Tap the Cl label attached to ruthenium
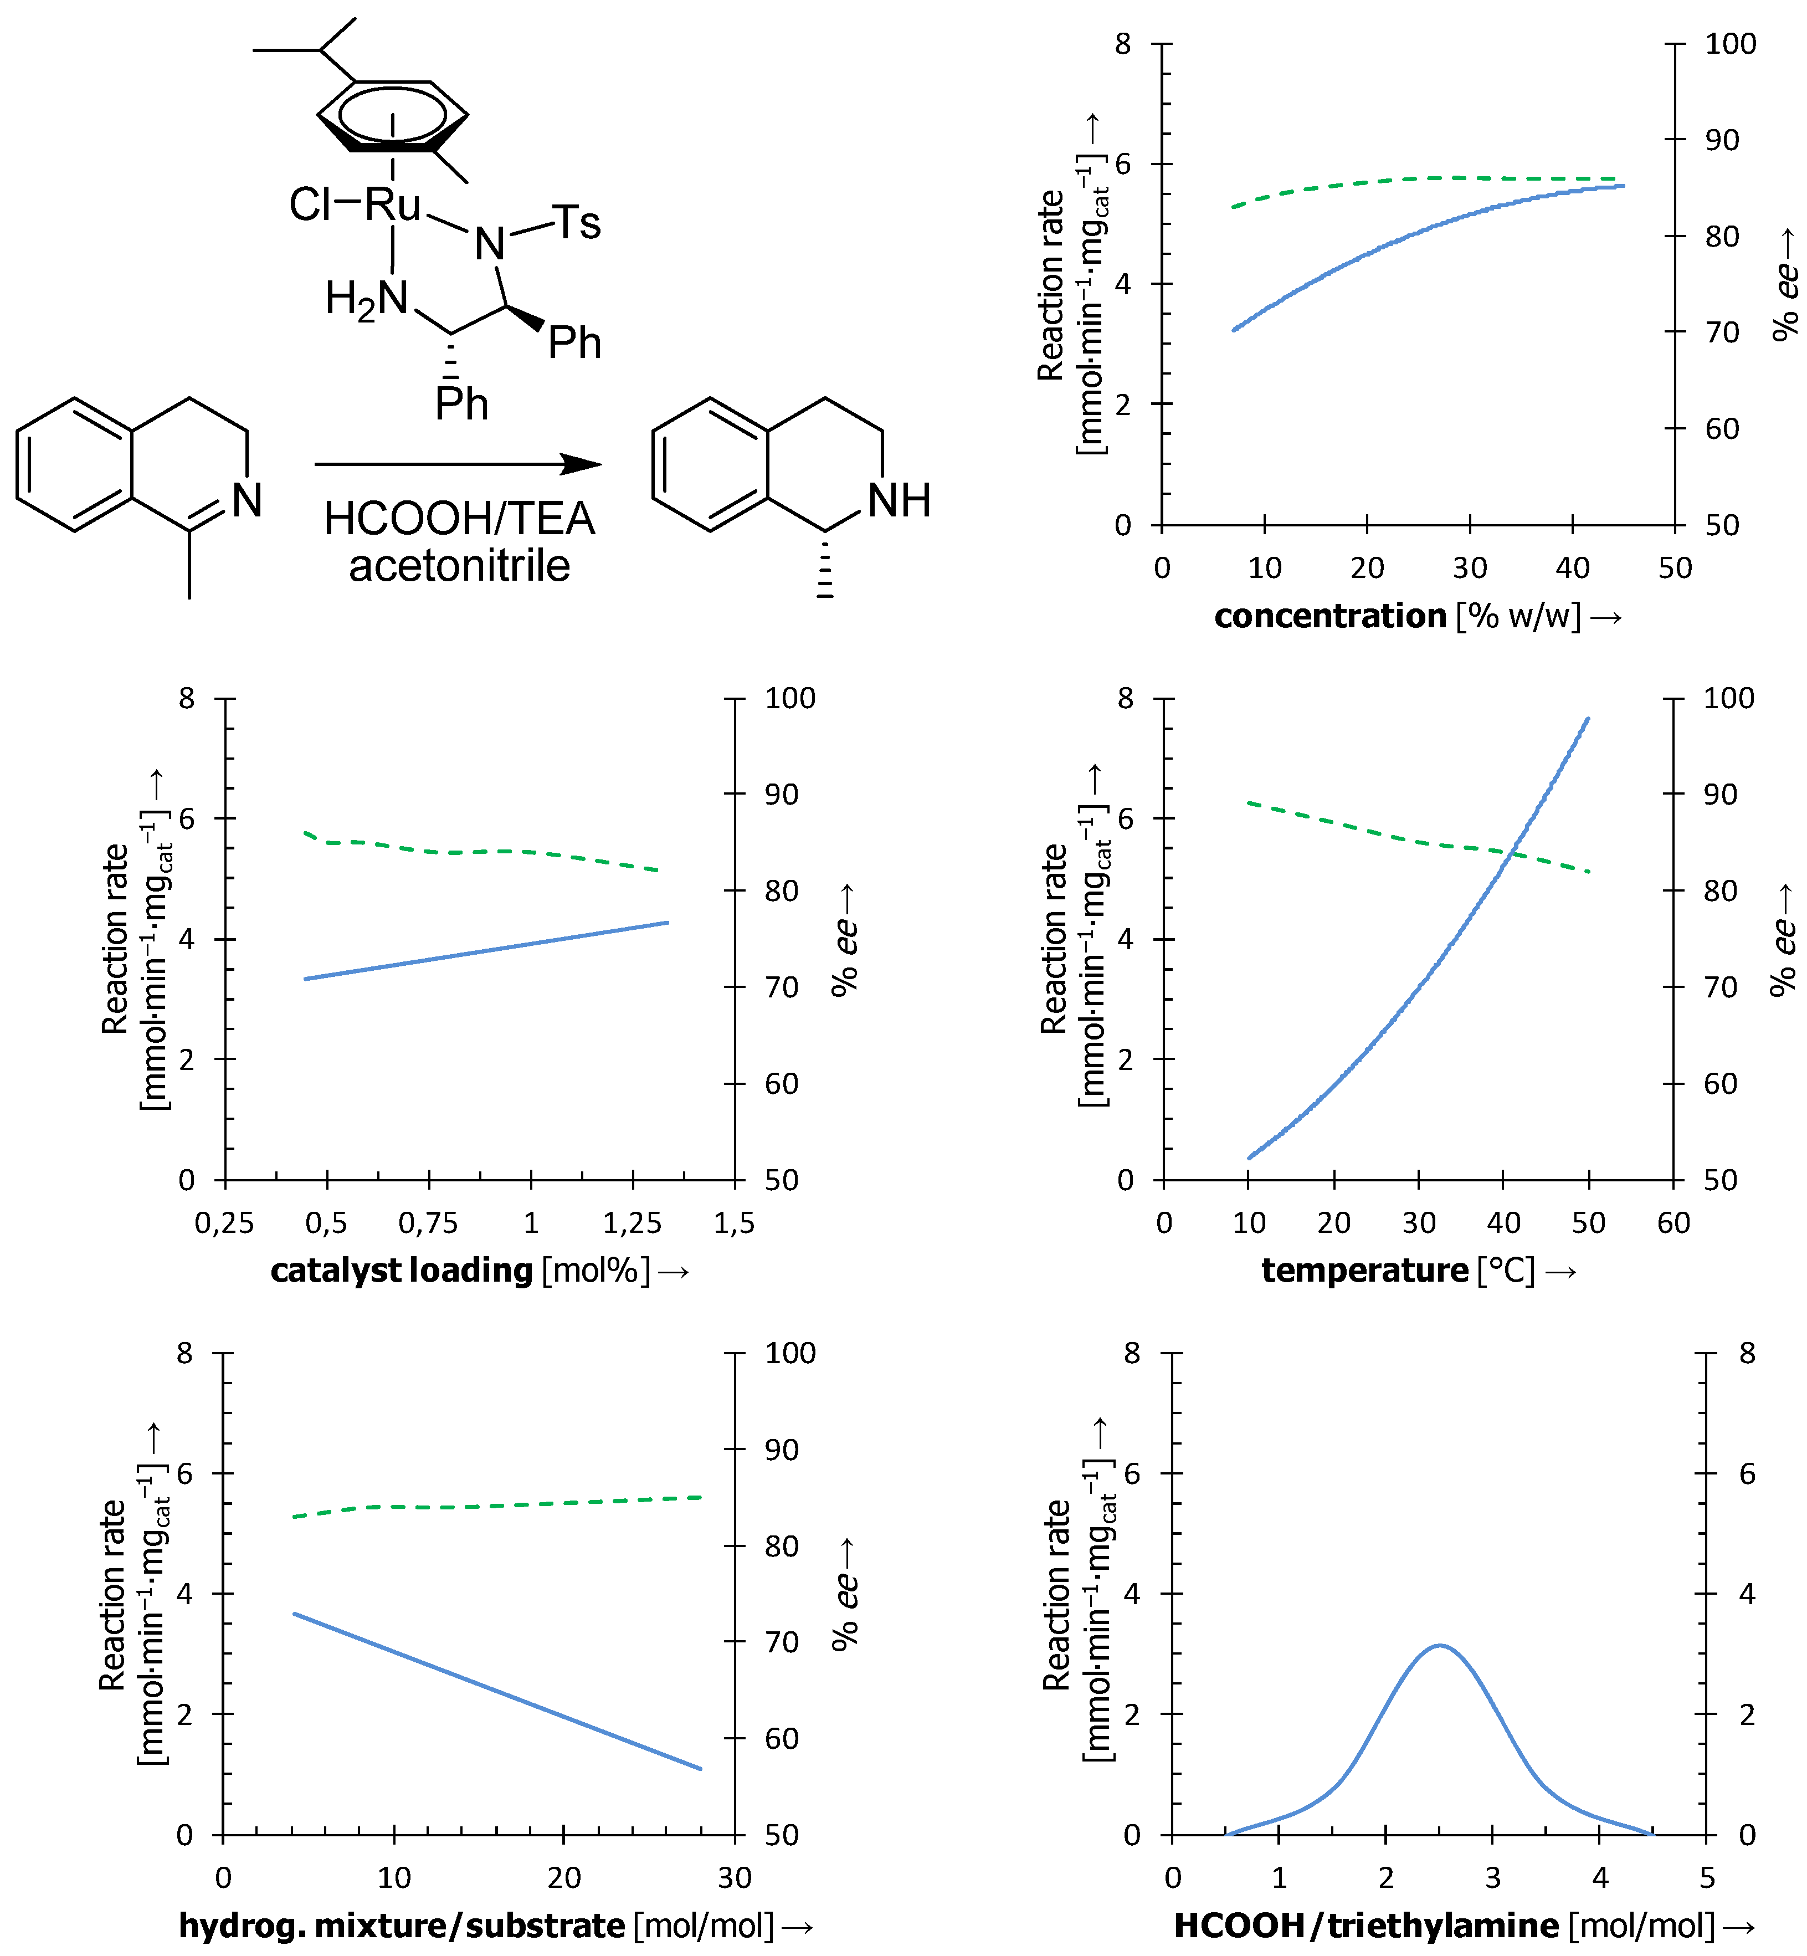(x=311, y=206)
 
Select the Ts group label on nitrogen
(x=576, y=223)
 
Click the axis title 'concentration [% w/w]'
(x=1417, y=616)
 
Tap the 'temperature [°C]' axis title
(x=1418, y=1271)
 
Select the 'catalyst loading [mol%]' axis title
(x=479, y=1271)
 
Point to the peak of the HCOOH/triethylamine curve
(x=1439, y=1646)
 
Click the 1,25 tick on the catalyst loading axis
(x=632, y=1222)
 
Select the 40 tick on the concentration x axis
(x=1572, y=567)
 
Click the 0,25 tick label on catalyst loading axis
(x=225, y=1222)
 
